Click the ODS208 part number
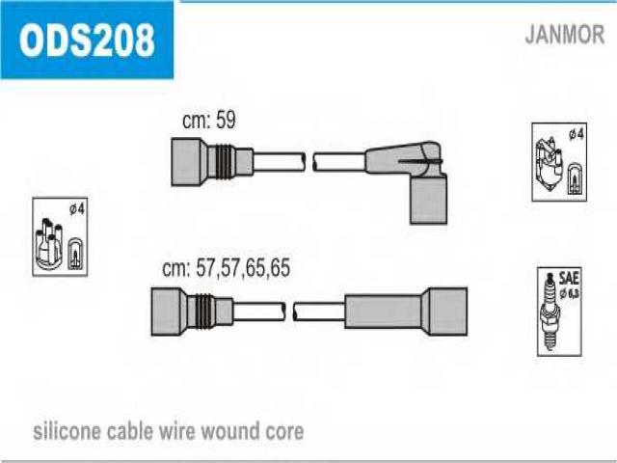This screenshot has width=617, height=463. (87, 40)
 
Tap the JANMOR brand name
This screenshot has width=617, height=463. (564, 35)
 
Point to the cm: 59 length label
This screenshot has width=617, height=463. (209, 120)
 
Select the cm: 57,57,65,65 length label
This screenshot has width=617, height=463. (227, 268)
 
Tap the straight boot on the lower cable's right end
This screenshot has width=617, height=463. (406, 312)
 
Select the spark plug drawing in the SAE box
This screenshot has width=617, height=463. (550, 312)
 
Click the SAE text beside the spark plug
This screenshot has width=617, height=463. (569, 279)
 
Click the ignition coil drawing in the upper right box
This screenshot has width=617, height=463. (549, 164)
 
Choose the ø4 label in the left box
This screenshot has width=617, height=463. (77, 209)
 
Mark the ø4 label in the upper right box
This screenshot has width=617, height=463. (577, 135)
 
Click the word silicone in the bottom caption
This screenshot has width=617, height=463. (67, 431)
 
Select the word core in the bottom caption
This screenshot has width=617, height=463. (284, 431)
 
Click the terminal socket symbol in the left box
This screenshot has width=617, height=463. (75, 254)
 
